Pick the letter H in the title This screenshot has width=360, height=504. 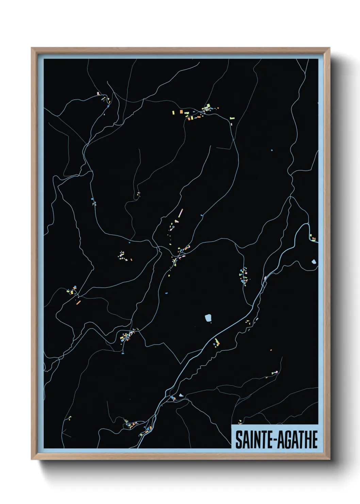[306, 440]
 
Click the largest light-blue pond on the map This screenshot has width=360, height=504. [208, 318]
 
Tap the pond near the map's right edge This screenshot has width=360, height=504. [313, 262]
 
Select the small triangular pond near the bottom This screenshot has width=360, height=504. [181, 395]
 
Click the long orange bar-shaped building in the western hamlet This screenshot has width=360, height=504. [78, 302]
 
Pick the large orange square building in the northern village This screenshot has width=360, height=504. [181, 111]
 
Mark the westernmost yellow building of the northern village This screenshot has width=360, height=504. [173, 112]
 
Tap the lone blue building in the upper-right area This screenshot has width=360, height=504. [272, 150]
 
